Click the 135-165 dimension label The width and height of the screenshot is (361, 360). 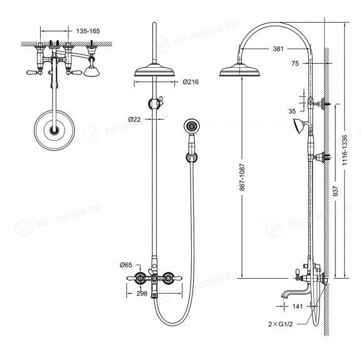[88, 31]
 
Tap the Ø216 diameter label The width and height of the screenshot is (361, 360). [191, 82]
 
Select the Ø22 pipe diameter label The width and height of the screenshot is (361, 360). [135, 119]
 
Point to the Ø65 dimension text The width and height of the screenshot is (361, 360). [126, 265]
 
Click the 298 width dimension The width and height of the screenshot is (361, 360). [142, 293]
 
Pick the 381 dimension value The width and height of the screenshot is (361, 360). [278, 49]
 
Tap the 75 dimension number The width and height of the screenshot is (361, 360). [295, 63]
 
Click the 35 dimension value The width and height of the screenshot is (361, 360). [292, 111]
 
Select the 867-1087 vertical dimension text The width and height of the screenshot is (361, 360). [242, 177]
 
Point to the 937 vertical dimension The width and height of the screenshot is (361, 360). [336, 191]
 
